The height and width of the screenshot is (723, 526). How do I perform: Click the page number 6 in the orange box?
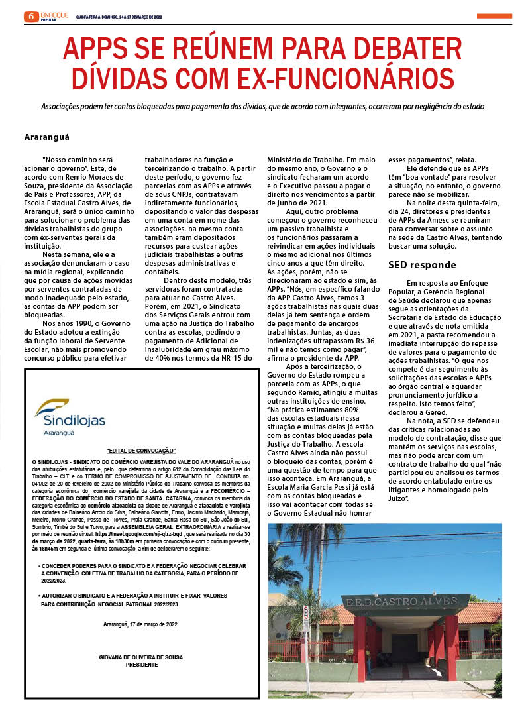pyautogui.click(x=29, y=16)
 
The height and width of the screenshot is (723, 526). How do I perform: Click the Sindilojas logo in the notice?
pyautogui.click(x=70, y=415)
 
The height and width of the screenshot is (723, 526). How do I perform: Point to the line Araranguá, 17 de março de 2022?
pyautogui.click(x=141, y=624)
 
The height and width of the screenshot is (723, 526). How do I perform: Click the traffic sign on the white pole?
pyautogui.click(x=305, y=616)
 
